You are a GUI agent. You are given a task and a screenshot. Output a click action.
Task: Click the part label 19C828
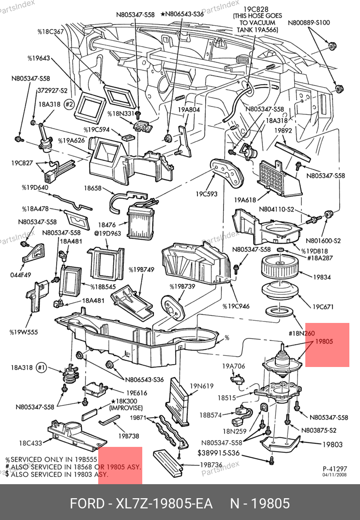click(x=252, y=9)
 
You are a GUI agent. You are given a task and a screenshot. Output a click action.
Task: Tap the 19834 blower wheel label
click(x=322, y=277)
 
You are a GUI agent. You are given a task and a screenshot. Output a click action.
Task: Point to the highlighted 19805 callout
click(x=324, y=341)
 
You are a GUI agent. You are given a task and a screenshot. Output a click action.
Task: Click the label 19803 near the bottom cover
click(x=332, y=444)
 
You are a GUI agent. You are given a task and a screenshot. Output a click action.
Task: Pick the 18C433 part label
click(x=30, y=443)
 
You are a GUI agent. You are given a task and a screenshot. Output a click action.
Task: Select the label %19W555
click(x=23, y=332)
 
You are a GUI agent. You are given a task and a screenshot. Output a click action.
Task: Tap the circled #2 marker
click(x=69, y=104)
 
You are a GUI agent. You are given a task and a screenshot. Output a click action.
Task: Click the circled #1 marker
click(x=42, y=367)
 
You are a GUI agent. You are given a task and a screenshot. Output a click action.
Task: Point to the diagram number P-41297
click(x=335, y=469)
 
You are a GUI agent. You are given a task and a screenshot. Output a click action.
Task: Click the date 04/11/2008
click(x=335, y=475)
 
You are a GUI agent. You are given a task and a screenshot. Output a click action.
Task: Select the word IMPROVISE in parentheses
click(x=125, y=408)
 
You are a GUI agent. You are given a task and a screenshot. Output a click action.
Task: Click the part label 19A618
click(x=244, y=199)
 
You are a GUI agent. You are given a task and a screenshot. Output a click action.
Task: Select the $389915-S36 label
click(x=218, y=453)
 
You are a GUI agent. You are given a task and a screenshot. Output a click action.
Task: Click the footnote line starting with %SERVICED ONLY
click(x=52, y=459)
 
